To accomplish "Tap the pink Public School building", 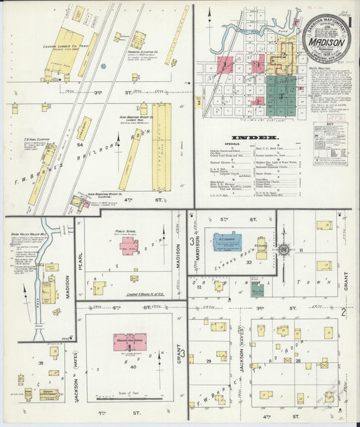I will (128, 245).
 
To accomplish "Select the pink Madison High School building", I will (129, 341).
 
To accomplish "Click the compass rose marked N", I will (284, 251).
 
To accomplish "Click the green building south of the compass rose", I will (257, 289).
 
